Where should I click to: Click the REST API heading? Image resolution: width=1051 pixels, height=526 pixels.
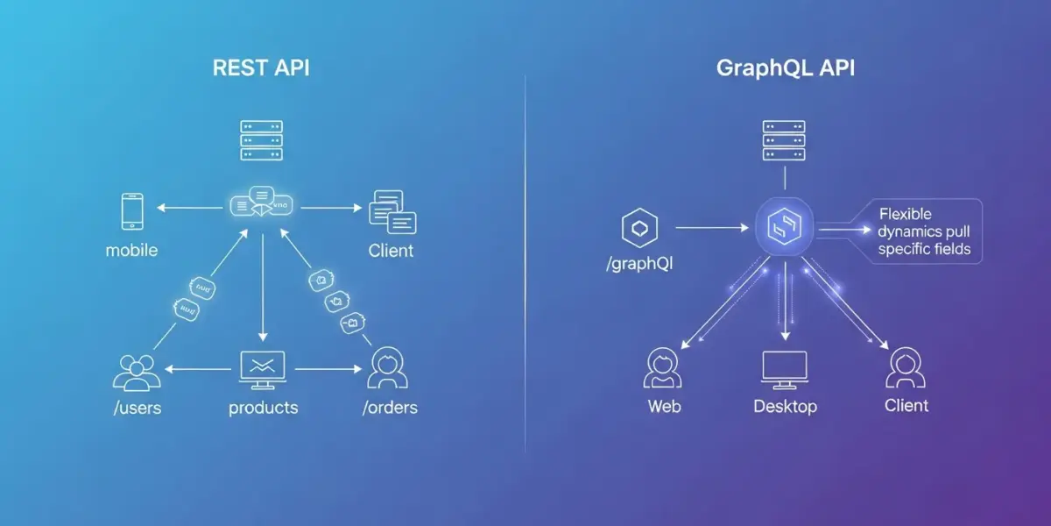[x=261, y=69]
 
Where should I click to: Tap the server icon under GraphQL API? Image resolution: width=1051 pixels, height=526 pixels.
[x=784, y=141]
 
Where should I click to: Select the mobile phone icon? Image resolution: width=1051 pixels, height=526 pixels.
[x=132, y=212]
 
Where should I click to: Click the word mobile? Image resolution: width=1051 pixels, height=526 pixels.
[x=131, y=251]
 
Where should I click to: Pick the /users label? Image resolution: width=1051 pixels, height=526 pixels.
[x=138, y=408]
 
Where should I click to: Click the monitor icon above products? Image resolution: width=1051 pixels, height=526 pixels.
[x=262, y=370]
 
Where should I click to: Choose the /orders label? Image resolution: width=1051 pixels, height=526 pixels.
[x=390, y=408]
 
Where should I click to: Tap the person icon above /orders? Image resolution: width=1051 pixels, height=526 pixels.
[x=388, y=368]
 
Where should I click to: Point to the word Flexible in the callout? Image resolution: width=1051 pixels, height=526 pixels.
[x=906, y=215]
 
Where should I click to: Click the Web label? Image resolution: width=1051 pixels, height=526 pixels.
[x=664, y=407]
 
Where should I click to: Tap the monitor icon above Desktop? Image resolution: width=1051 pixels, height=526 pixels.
[x=785, y=370]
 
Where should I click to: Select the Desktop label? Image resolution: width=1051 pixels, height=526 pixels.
[x=785, y=407]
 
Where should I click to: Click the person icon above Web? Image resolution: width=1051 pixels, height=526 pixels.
[x=663, y=368]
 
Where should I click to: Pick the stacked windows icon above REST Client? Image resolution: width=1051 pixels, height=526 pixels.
[x=391, y=212]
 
